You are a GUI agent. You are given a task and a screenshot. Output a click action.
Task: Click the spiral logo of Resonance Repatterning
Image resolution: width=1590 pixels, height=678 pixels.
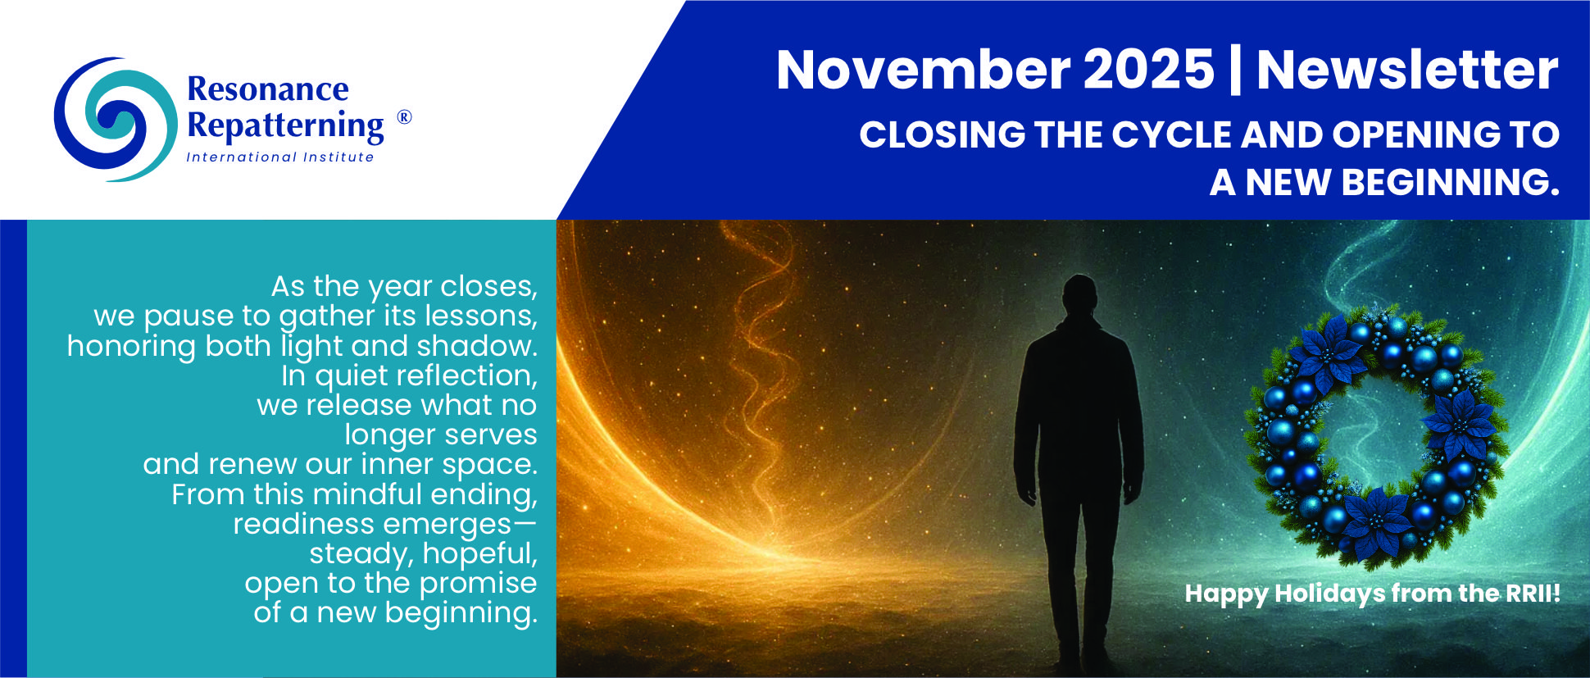(115, 119)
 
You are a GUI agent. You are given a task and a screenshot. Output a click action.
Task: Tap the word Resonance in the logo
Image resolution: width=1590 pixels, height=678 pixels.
(268, 89)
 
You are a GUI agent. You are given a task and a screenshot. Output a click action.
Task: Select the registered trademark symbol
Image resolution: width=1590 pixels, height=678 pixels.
(404, 117)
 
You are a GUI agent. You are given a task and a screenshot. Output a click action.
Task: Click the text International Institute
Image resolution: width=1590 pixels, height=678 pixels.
(279, 157)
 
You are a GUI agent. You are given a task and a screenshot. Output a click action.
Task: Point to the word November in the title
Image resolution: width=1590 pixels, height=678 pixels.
(923, 70)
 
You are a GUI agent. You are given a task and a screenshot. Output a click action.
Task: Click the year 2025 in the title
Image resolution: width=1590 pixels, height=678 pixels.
(1148, 70)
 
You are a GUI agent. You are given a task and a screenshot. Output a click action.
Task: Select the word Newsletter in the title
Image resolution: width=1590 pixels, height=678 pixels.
(1407, 70)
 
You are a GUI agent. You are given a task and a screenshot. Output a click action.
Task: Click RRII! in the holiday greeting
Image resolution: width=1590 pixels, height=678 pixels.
(1533, 593)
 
